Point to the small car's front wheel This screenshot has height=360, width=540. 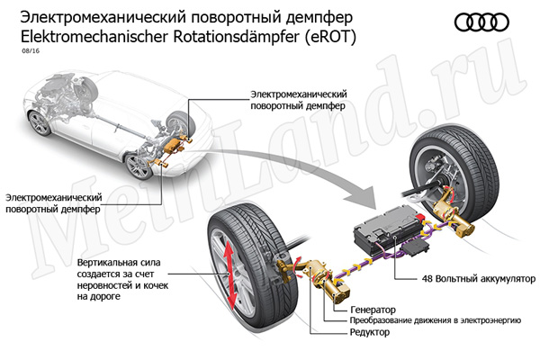[x=138, y=166]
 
